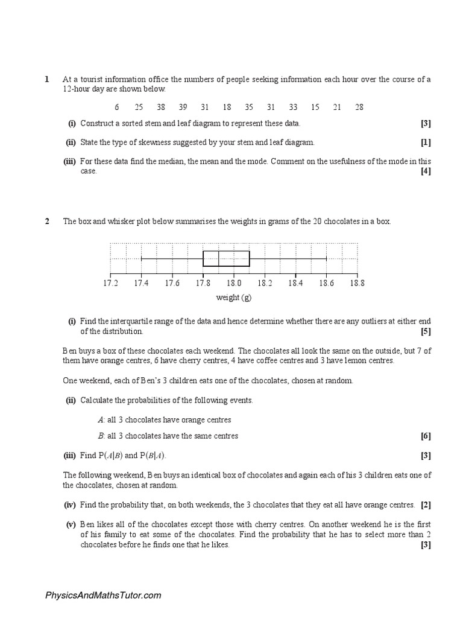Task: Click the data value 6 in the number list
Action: coord(116,107)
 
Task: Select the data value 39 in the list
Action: coord(183,107)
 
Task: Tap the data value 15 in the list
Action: coord(315,107)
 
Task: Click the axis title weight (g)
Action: coord(234,297)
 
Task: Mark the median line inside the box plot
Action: coord(219,258)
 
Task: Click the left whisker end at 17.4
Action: coord(141,258)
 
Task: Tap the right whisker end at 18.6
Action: coord(326,258)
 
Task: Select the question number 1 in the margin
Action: coord(46,79)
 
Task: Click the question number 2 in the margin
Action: coord(46,221)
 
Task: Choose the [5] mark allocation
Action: coord(426,331)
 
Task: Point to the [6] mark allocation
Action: coord(426,436)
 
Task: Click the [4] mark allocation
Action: coord(426,171)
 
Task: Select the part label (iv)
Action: coord(71,505)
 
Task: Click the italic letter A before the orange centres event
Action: coord(100,419)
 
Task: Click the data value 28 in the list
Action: coord(359,107)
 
